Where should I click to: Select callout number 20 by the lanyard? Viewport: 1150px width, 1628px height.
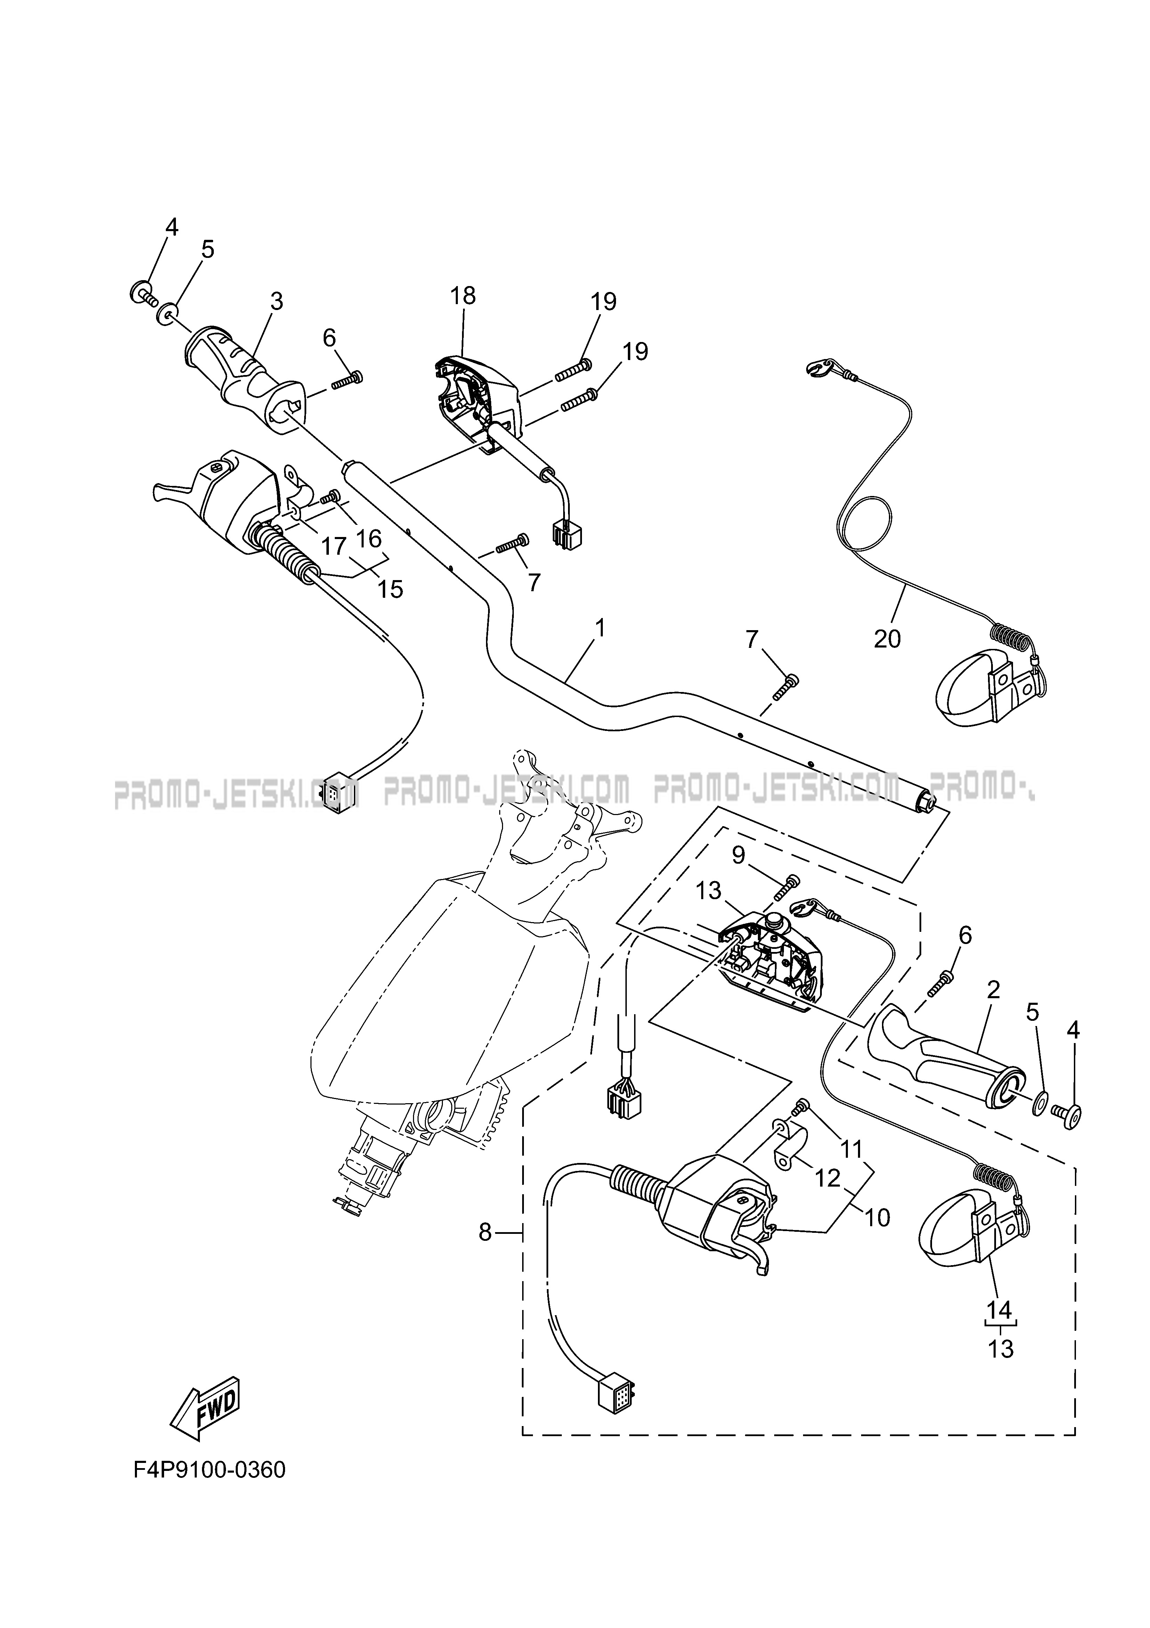click(887, 639)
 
